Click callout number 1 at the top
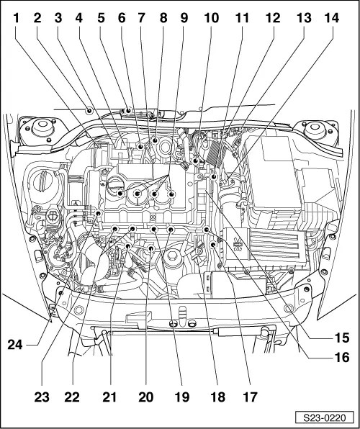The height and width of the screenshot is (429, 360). point(17,18)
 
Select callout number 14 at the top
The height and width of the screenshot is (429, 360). point(332,18)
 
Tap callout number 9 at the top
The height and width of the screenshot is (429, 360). point(184,18)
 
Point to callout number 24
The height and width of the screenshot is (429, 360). point(15,345)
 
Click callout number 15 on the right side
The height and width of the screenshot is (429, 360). point(342,338)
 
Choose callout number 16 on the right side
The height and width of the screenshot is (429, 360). point(342,357)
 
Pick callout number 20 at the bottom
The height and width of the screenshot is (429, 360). point(146,397)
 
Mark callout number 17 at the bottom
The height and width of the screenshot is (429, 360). point(250,397)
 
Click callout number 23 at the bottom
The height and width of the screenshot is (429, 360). point(42,397)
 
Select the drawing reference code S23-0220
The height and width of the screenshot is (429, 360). point(325,417)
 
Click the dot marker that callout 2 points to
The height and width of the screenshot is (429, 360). point(89,111)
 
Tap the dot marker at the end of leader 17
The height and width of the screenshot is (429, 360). point(213,245)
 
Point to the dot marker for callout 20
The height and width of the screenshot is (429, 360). point(150,248)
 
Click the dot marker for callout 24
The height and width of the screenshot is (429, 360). point(99,213)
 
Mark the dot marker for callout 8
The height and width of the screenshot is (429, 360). point(155,140)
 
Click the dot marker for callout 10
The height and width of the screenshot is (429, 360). point(195,161)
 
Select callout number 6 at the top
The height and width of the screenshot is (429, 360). point(122,18)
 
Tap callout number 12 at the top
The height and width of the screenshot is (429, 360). point(273,18)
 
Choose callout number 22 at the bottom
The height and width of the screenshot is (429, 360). point(72,397)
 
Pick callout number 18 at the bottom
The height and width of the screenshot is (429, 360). point(218,397)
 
